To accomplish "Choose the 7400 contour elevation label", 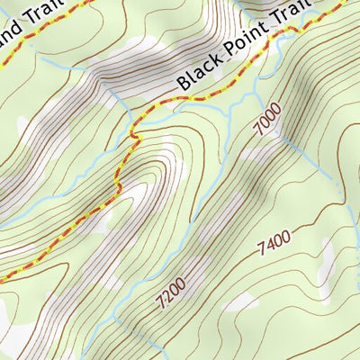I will [x=274, y=240].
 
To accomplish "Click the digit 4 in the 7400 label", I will [x=270, y=241].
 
